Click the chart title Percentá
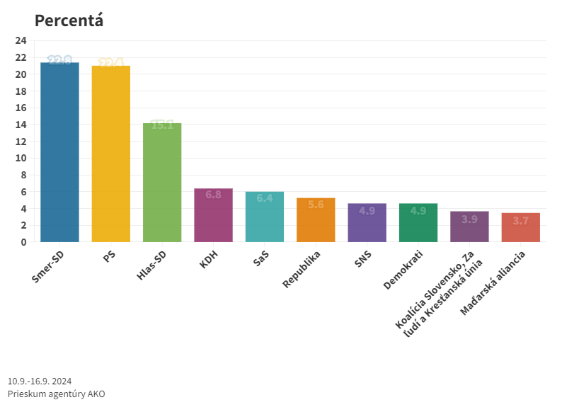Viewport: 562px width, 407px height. coord(69,21)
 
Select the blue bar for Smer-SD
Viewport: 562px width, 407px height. coord(59,152)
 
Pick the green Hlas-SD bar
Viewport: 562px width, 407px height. coord(162,183)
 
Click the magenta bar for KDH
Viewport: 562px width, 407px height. coord(213,215)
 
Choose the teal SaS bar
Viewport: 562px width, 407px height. coord(265,217)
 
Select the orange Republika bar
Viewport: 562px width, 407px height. coord(316,220)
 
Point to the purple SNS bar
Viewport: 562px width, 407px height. coord(367,223)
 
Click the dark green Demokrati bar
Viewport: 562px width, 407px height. coord(418,223)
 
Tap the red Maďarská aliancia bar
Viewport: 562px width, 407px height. coord(520,228)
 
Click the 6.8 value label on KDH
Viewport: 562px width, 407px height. coord(213,194)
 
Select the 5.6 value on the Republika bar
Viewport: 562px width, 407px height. coord(316,204)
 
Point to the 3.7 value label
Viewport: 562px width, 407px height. coord(520,221)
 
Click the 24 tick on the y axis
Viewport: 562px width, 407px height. coord(21,40)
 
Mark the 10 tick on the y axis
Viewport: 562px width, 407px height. coord(21,158)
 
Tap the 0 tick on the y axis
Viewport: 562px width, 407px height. coord(23,242)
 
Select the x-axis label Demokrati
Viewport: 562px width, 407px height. coord(403,270)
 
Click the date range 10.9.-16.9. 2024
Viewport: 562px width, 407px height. coord(40,381)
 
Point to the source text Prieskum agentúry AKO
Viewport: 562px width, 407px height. coord(56,394)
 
